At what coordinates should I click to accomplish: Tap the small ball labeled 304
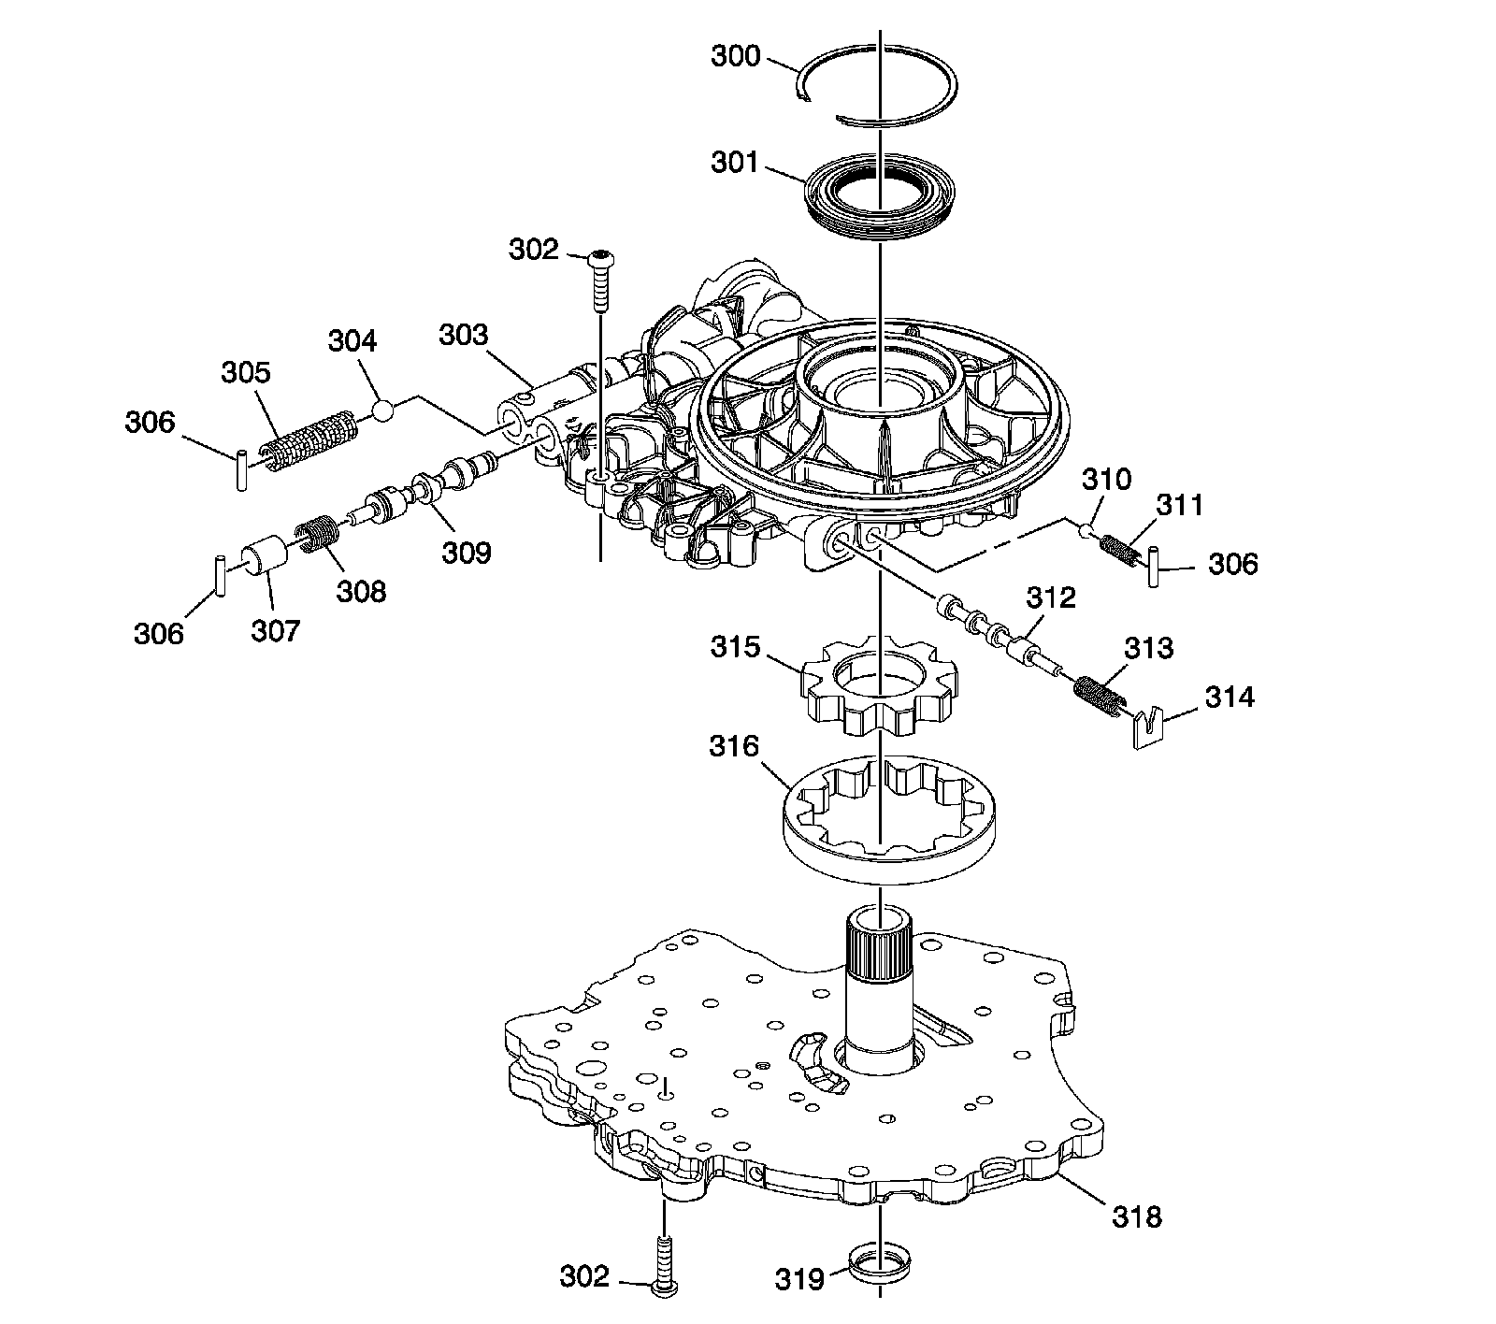382,410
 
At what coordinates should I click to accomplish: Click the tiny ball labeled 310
1086,532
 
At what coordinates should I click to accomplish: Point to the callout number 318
1136,1216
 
